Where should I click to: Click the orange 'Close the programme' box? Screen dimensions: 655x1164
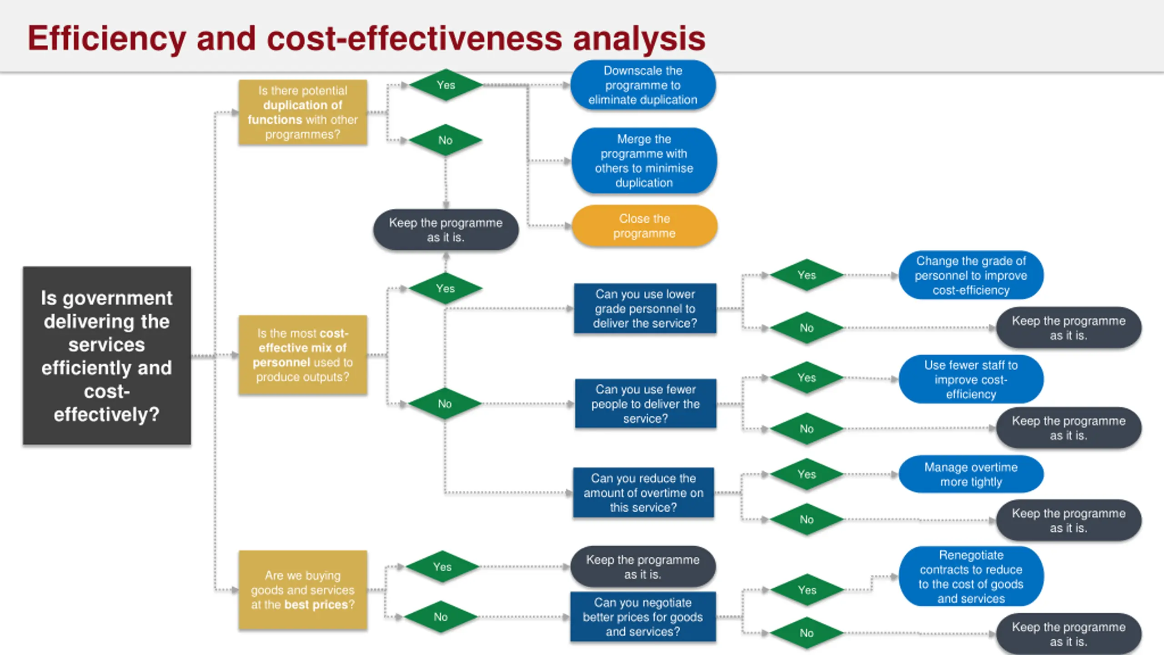[644, 226]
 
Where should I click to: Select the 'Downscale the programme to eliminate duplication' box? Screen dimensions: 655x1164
[642, 85]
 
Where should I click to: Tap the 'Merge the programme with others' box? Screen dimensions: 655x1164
[644, 161]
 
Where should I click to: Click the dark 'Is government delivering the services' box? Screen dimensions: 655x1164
[107, 355]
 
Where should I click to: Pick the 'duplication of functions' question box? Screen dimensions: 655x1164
[303, 112]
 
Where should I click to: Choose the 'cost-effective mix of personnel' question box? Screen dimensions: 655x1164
[303, 355]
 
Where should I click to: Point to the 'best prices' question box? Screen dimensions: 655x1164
[303, 590]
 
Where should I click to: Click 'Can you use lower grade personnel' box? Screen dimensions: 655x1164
[645, 308]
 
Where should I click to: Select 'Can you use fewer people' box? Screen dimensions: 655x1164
[645, 403]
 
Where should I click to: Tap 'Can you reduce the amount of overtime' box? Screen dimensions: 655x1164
[643, 493]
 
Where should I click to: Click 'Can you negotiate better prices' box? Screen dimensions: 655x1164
[643, 617]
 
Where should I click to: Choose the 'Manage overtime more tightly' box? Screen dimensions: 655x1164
[971, 474]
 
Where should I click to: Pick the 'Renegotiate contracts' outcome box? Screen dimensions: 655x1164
[971, 576]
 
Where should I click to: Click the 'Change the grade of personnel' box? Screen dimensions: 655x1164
[971, 275]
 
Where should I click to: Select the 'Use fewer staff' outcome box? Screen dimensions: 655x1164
[971, 379]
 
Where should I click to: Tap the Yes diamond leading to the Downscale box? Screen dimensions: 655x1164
[446, 85]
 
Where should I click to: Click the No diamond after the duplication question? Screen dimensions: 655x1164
[446, 140]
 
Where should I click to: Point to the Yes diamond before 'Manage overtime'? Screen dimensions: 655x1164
[807, 474]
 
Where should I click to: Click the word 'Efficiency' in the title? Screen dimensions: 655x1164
[107, 38]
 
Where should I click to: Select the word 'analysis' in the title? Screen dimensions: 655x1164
[639, 38]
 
